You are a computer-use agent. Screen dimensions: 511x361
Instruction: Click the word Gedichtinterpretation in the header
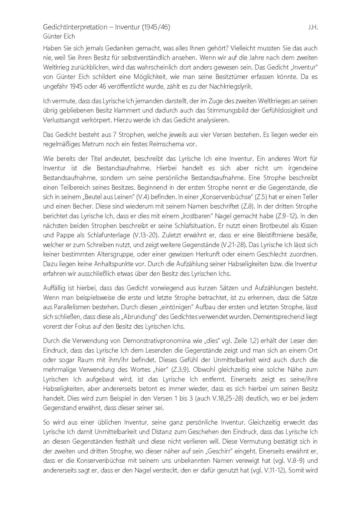click(75, 27)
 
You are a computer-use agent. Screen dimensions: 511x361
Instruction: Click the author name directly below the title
click(59, 36)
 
